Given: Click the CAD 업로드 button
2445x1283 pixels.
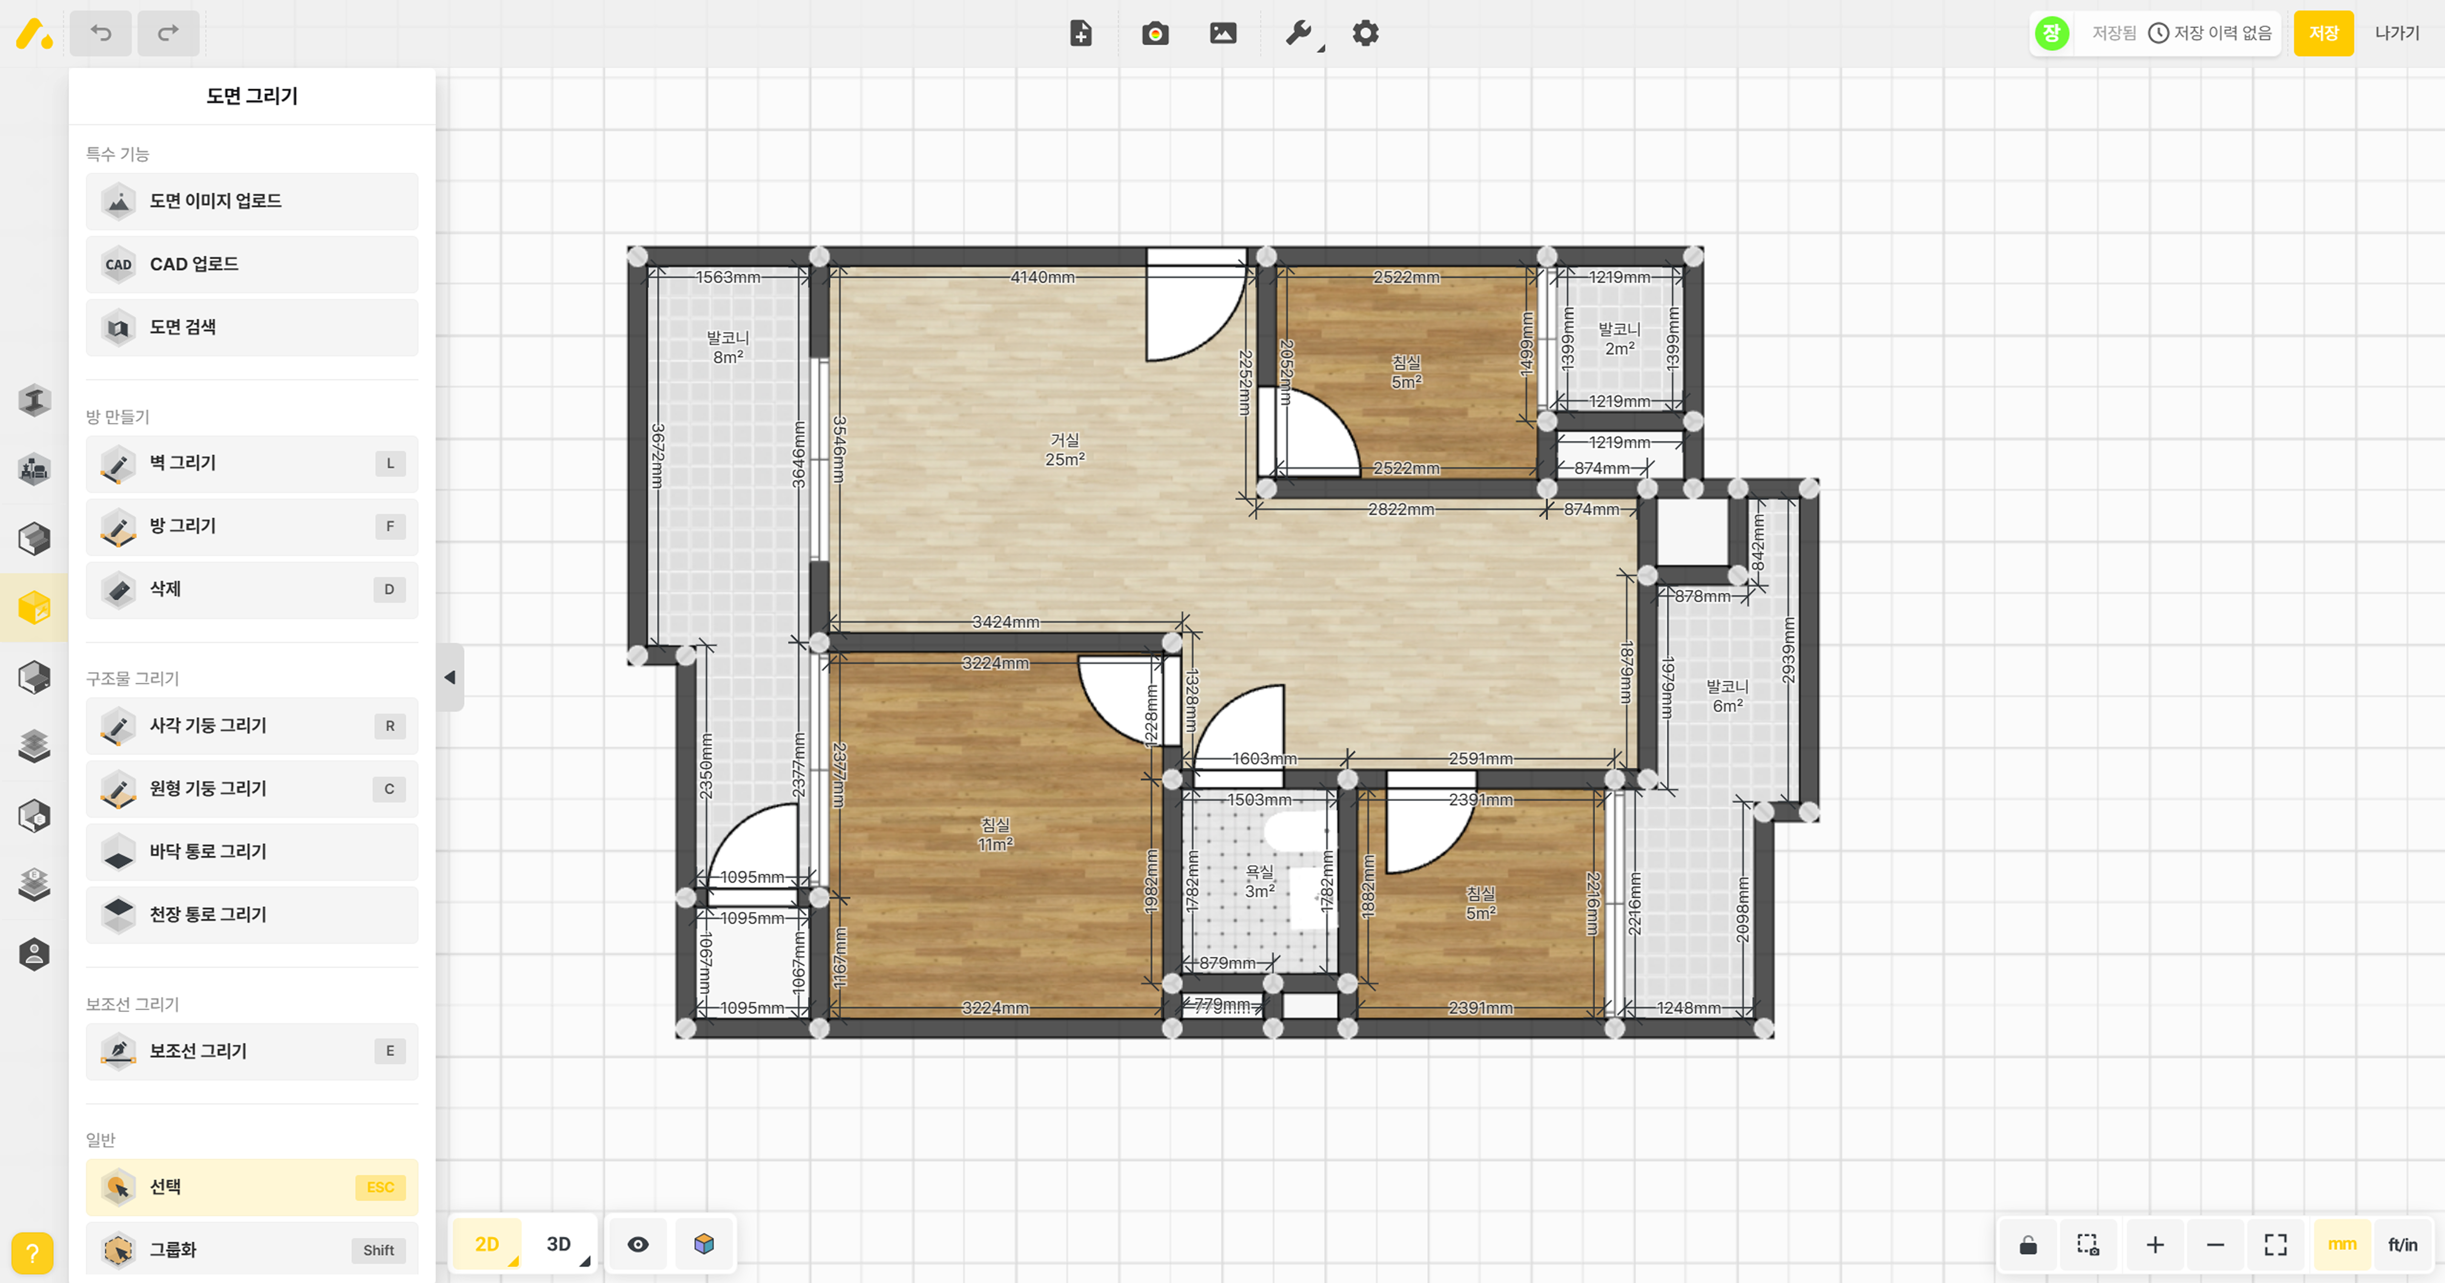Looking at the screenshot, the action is click(x=252, y=264).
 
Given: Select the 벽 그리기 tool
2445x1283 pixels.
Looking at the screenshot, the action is click(x=252, y=463).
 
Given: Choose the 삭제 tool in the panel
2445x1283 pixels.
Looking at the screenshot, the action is click(x=252, y=589).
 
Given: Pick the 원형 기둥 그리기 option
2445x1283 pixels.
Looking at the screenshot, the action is click(x=252, y=789).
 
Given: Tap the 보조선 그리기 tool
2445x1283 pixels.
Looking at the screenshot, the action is click(x=252, y=1050).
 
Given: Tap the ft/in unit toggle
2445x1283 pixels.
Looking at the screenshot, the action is click(x=2402, y=1244).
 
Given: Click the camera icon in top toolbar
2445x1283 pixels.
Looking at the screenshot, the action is click(x=1155, y=33).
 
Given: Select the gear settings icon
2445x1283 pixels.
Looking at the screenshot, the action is click(x=1365, y=33).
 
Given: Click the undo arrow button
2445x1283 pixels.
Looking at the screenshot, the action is click(x=101, y=33).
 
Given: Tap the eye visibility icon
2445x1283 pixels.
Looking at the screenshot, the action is click(x=638, y=1244).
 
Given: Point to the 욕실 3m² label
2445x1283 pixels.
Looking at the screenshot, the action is click(x=1259, y=882).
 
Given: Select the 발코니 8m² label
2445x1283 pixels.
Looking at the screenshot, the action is click(x=728, y=347).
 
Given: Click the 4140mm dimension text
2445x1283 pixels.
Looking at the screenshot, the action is click(x=1042, y=277).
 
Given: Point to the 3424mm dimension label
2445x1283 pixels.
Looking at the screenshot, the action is click(x=1005, y=621).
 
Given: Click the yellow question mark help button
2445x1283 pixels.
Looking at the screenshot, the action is click(x=32, y=1252).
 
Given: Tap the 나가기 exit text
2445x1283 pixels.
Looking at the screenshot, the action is click(x=2397, y=33).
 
